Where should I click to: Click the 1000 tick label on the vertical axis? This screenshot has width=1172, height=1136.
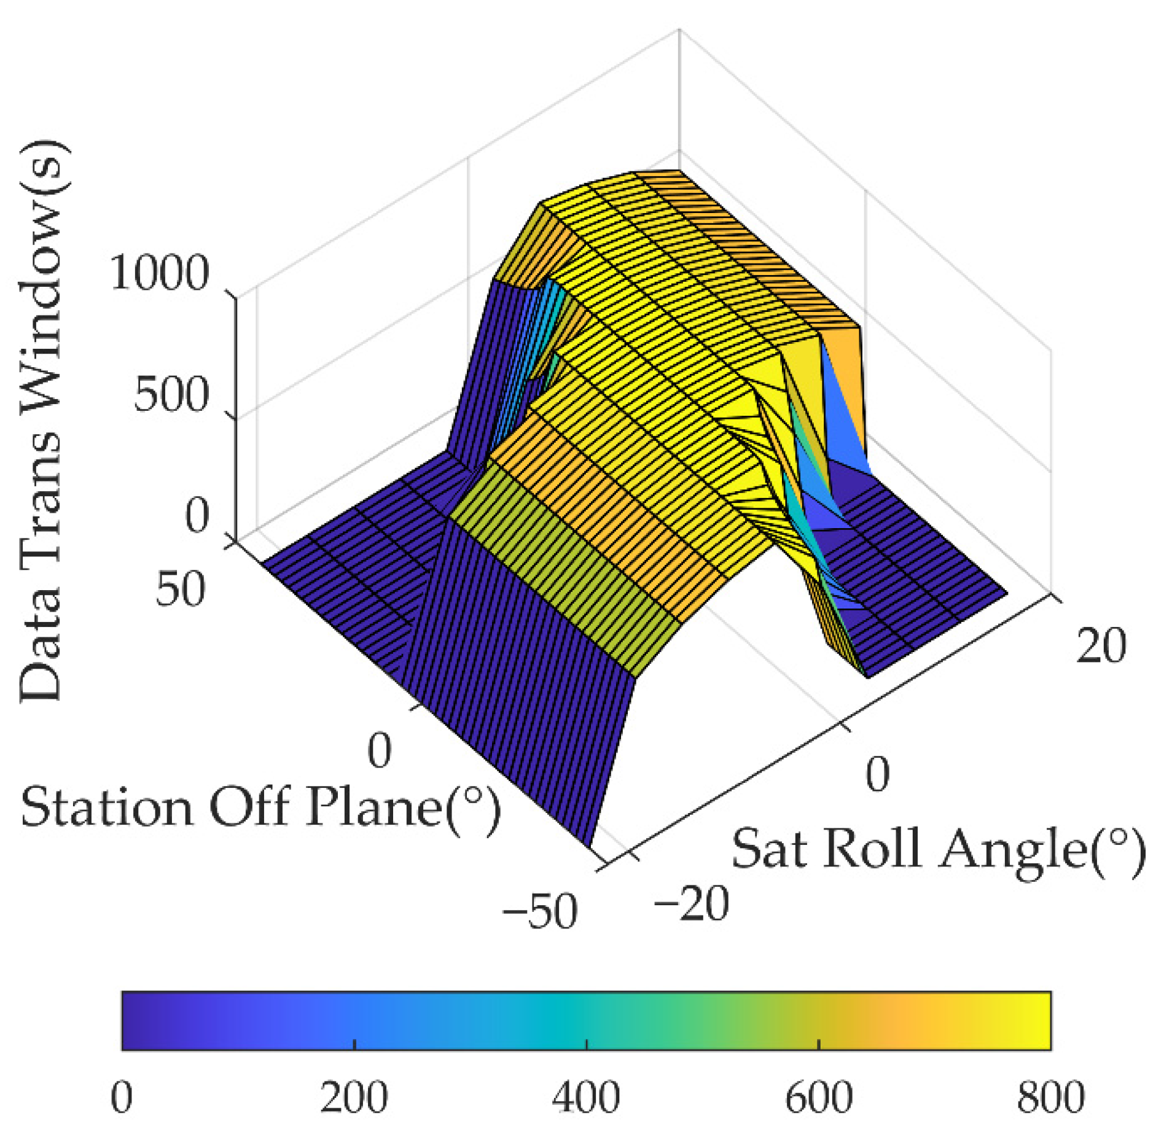click(x=159, y=273)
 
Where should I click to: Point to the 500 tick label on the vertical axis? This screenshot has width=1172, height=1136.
click(x=171, y=394)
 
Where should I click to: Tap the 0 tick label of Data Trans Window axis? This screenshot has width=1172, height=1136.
click(x=197, y=516)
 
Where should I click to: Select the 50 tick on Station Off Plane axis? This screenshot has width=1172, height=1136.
click(x=179, y=589)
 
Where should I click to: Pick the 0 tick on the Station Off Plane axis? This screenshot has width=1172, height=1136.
click(x=379, y=750)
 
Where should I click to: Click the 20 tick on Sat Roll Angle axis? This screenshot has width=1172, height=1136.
click(x=1101, y=645)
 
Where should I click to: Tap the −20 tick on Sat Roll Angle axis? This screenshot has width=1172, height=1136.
click(x=691, y=903)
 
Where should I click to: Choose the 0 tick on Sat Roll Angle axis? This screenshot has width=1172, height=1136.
click(x=877, y=774)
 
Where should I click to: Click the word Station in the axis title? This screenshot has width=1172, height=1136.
click(x=106, y=808)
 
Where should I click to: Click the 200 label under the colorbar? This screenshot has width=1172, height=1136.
click(x=354, y=1098)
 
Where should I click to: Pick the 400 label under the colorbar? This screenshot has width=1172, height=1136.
click(x=586, y=1098)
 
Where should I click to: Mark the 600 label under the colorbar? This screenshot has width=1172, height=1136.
click(x=818, y=1098)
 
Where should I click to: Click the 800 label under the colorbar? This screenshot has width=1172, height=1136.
click(x=1050, y=1098)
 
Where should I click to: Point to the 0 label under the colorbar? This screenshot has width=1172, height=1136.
click(x=122, y=1098)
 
